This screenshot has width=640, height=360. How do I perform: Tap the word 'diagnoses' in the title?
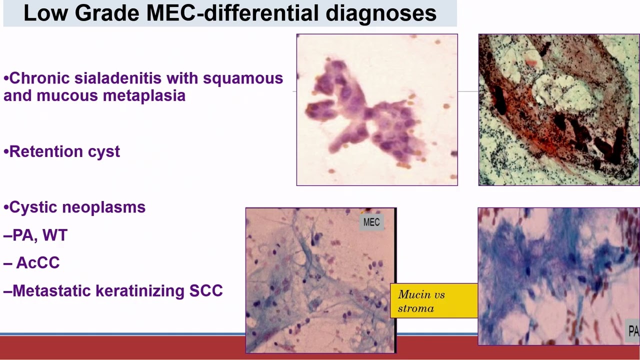click(381, 13)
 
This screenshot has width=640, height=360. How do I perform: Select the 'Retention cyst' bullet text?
click(64, 151)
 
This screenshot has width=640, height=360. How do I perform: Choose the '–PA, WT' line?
click(35, 235)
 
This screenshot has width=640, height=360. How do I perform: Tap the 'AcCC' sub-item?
click(38, 263)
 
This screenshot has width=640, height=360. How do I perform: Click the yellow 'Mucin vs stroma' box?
click(433, 301)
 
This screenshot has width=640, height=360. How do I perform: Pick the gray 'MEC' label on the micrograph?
click(371, 222)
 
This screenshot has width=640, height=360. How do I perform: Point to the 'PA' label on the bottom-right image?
click(633, 331)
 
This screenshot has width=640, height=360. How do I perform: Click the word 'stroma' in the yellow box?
click(415, 308)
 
